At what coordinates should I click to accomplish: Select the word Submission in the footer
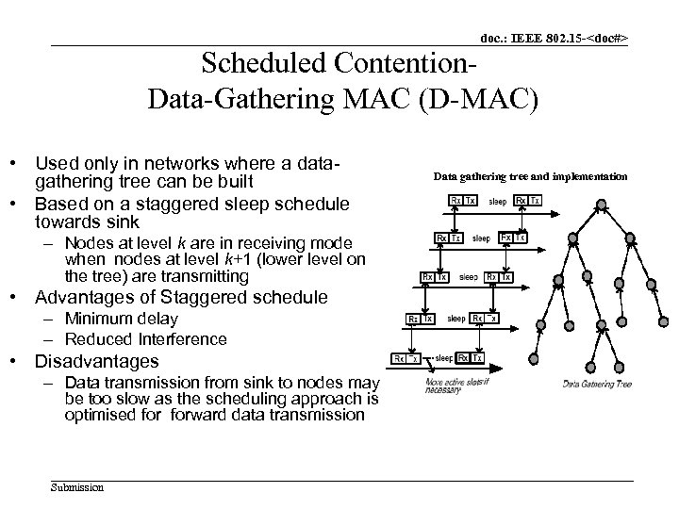77,487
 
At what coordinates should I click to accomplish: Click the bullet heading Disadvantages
97,361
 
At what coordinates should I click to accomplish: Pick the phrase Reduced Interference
146,338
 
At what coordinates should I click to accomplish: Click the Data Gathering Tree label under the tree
597,384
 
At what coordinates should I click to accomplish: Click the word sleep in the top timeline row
497,201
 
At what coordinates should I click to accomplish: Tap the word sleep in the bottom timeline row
443,358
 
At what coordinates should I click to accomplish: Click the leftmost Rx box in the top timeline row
455,201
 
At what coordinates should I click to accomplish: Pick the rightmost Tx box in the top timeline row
535,201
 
